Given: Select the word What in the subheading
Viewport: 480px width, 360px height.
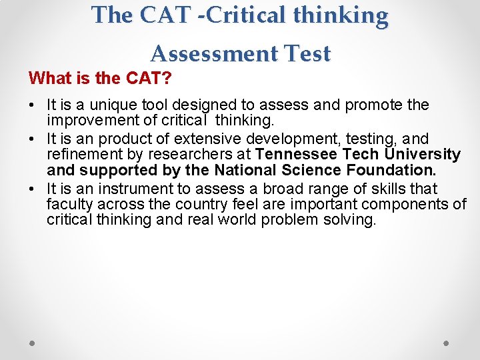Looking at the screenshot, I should point(48,78).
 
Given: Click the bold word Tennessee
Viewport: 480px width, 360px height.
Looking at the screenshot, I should point(296,154).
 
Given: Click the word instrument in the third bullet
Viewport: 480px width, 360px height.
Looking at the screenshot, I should point(133,189).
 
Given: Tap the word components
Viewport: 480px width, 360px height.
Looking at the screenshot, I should point(413,204).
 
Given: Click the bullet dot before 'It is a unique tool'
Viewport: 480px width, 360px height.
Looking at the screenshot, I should point(31,105).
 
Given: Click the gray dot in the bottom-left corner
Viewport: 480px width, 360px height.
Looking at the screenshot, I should point(33,343).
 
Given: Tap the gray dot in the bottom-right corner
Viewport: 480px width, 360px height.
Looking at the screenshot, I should point(447,343).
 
